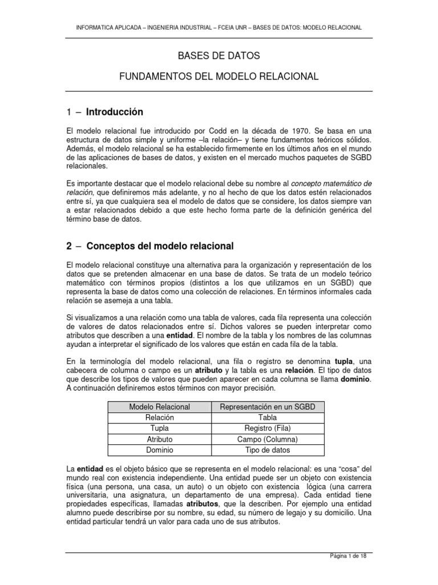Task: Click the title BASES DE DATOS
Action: [219, 56]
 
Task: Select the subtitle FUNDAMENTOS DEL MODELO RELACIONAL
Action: [219, 76]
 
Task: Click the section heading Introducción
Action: [115, 111]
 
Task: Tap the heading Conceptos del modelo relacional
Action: [160, 246]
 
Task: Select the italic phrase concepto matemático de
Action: [332, 183]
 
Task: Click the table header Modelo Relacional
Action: [159, 406]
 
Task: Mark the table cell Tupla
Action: [159, 428]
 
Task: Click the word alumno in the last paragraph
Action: [80, 512]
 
